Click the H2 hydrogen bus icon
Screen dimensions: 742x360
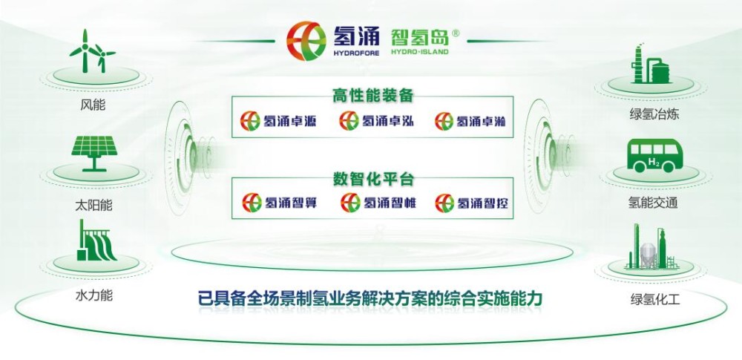pos(654,156)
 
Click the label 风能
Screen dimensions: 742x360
pos(93,105)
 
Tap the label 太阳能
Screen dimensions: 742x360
pos(93,205)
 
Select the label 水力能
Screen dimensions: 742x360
pos(93,296)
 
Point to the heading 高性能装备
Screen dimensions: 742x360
pos(372,96)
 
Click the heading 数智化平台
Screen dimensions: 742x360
pos(373,179)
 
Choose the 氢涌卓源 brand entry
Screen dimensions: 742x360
pos(278,121)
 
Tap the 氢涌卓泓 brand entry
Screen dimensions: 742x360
pos(377,121)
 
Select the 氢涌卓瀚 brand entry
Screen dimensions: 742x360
pos(471,121)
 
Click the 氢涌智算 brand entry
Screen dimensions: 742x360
pos(280,203)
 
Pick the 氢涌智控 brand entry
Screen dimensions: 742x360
pos(472,203)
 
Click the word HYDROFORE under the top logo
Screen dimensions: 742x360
pos(356,53)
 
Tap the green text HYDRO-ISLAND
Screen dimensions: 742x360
pos(420,52)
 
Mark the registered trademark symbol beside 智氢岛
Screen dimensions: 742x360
pos(456,33)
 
